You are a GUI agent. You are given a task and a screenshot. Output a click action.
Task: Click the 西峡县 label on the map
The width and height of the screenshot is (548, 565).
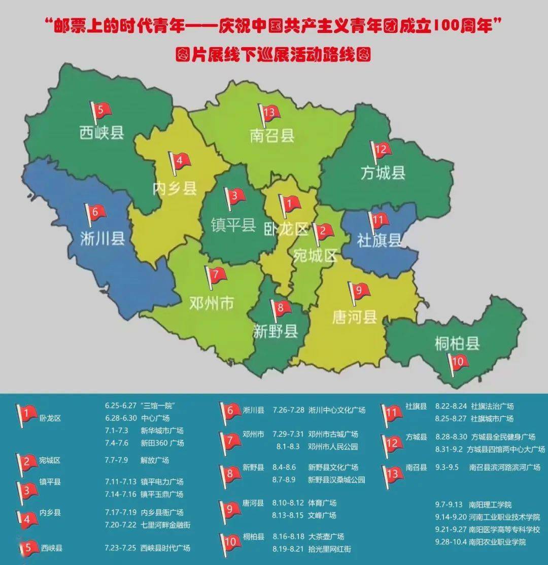click(101, 133)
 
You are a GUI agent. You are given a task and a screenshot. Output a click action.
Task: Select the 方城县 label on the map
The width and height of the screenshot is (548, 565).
click(383, 172)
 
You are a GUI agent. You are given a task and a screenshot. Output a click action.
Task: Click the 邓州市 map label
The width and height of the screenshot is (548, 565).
click(212, 303)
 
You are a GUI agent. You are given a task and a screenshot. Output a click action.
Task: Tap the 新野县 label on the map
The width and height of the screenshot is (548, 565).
click(276, 332)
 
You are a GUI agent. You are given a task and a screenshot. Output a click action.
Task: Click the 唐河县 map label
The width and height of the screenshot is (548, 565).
click(355, 317)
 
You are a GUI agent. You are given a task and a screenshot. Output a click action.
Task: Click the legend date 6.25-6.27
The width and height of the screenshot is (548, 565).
click(121, 406)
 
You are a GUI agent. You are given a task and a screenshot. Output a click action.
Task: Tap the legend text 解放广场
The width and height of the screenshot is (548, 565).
click(155, 461)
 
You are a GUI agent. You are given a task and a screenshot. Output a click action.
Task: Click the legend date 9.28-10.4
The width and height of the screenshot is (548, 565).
click(452, 542)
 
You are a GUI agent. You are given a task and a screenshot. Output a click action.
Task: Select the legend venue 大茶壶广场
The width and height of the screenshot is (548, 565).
click(326, 536)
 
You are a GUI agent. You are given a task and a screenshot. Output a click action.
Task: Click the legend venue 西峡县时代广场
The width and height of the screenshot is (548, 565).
click(165, 548)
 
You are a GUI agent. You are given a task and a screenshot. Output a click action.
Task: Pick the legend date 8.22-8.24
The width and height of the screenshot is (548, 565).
click(451, 406)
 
